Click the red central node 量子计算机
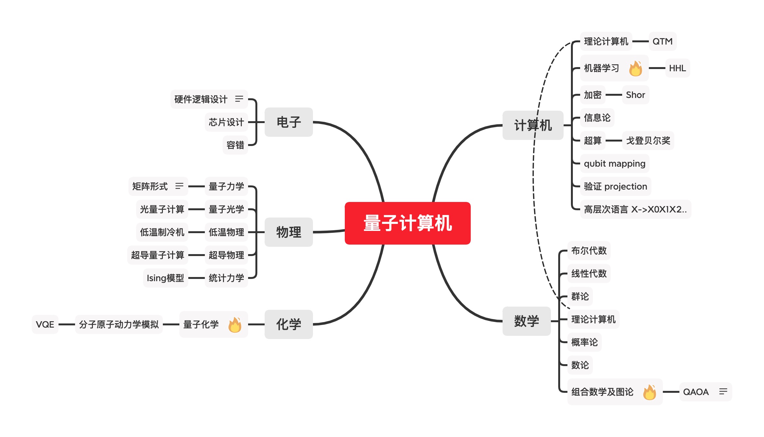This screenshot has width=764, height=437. [x=407, y=223]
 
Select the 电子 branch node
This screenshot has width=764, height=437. [x=288, y=122]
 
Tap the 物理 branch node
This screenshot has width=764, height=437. [x=288, y=232]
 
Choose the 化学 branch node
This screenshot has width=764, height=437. [x=288, y=324]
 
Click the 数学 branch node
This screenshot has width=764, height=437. [x=526, y=321]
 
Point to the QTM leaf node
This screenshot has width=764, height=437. [x=662, y=41]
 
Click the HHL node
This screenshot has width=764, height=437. [x=677, y=68]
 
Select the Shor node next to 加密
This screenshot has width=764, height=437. [x=635, y=95]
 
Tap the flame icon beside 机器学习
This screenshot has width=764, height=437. [x=636, y=68]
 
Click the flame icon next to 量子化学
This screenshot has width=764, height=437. [x=235, y=325]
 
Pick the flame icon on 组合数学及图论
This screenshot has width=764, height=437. [x=649, y=392]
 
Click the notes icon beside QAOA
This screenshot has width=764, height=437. [x=723, y=392]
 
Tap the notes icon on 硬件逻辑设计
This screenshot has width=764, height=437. [x=239, y=99]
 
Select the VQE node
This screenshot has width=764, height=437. [x=45, y=324]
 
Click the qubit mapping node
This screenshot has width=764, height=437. [x=615, y=163]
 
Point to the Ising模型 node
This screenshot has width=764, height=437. [x=165, y=278]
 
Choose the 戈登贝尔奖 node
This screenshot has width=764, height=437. [x=648, y=141]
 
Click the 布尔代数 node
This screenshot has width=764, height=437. [x=589, y=251]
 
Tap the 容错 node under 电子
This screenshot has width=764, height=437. [x=235, y=145]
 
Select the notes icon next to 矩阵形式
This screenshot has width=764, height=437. [x=179, y=186]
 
